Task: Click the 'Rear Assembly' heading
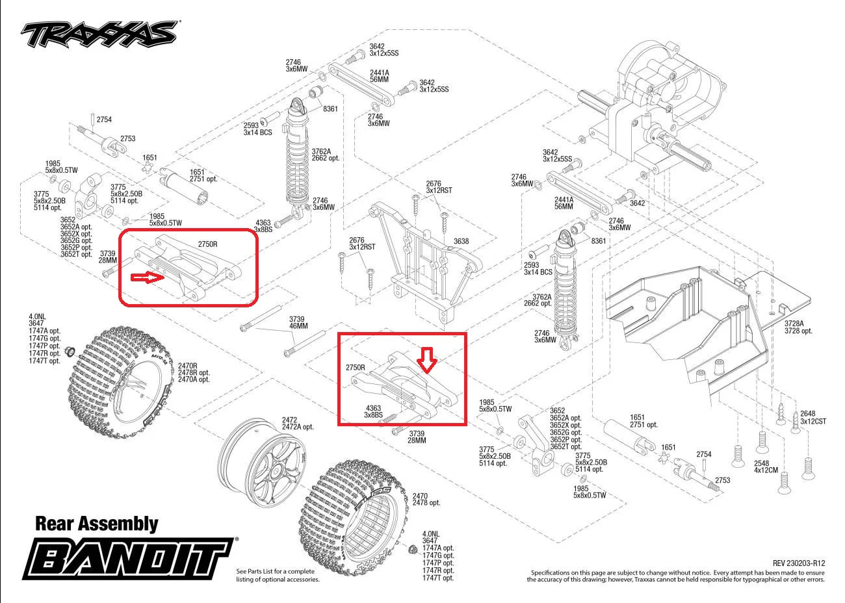pos(96,524)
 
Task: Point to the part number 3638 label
pos(461,241)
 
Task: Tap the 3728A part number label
pos(794,323)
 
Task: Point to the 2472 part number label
pos(289,420)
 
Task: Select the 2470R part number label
pos(188,366)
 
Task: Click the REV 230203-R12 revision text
pos(799,563)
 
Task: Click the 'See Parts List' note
pos(278,575)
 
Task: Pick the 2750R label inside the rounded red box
pos(208,244)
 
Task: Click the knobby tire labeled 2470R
pos(120,377)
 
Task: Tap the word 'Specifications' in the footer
pos(551,572)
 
